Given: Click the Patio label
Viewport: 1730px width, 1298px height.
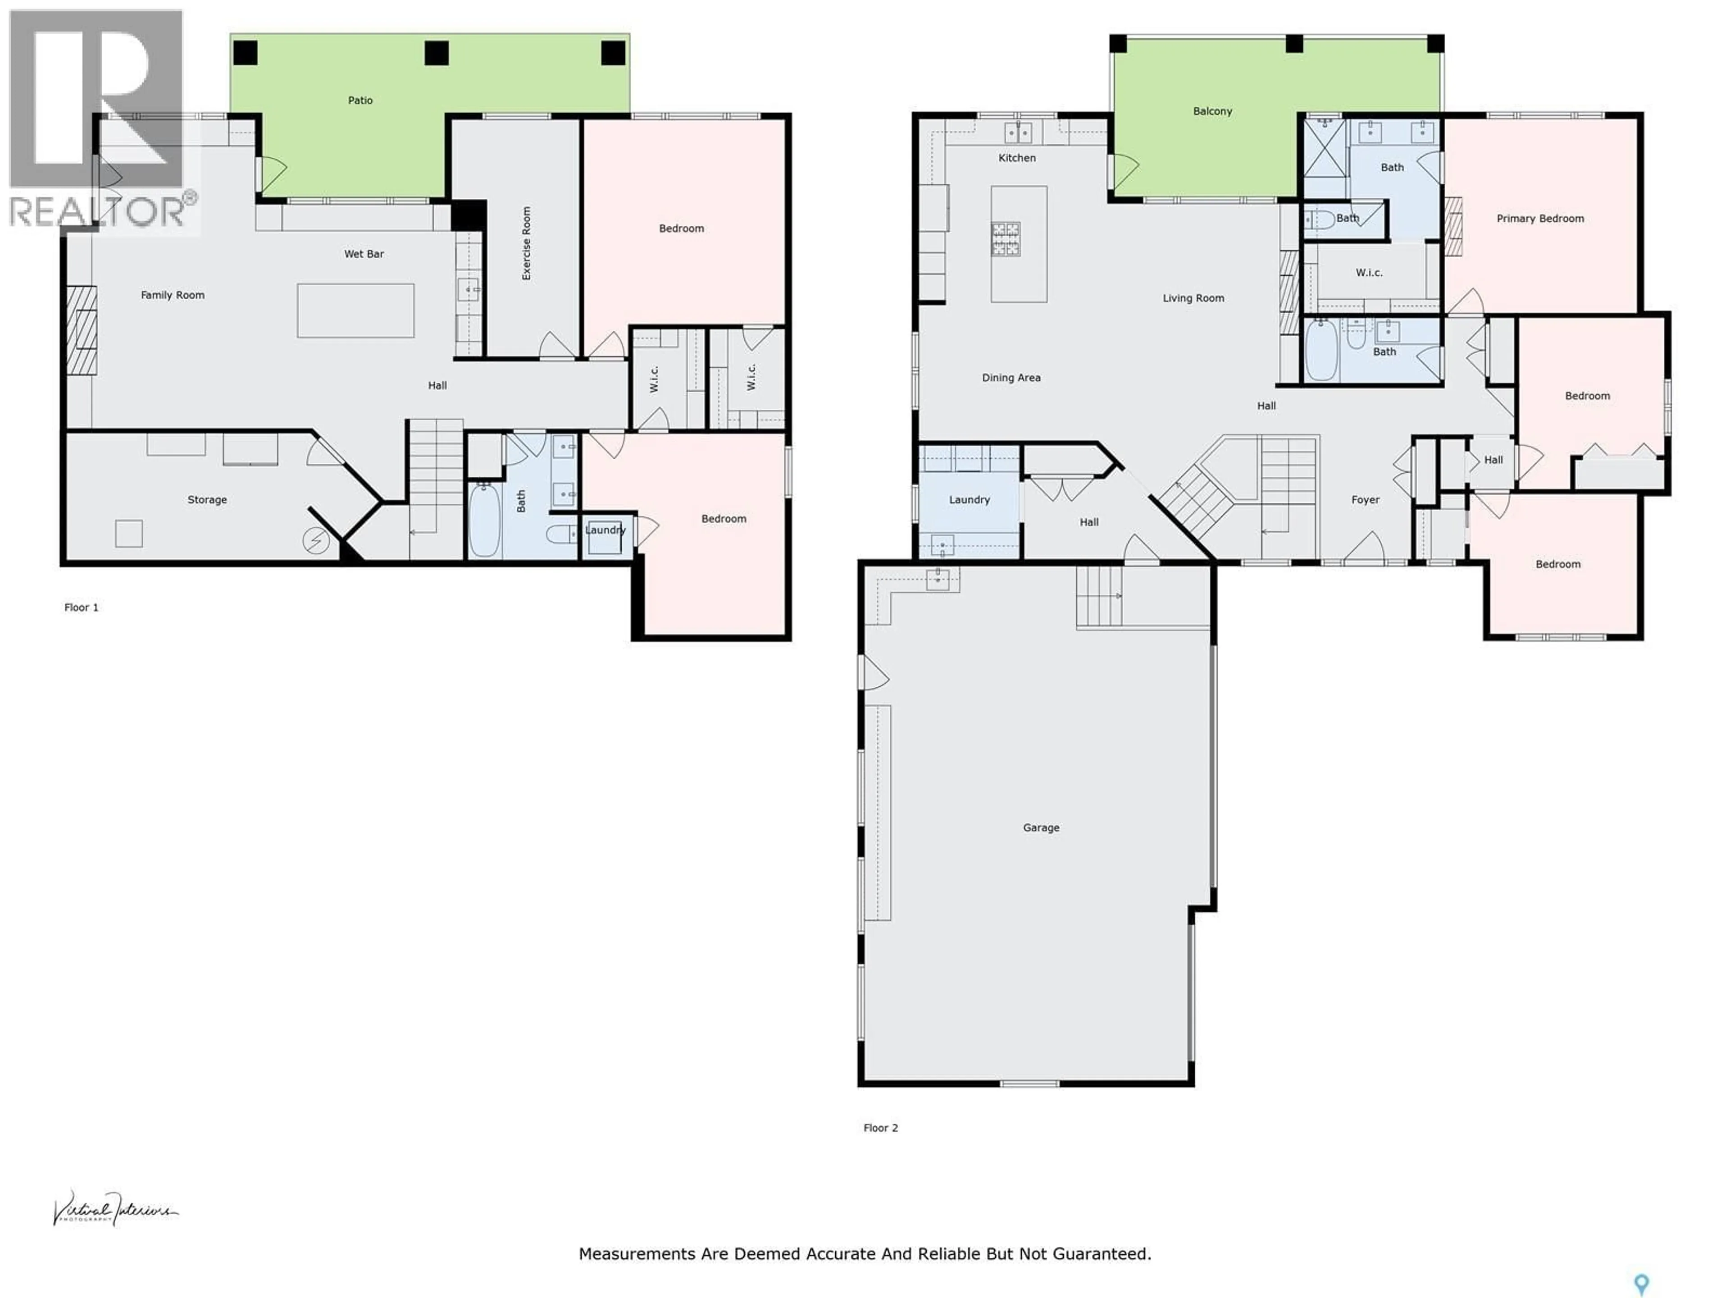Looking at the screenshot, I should coord(360,100).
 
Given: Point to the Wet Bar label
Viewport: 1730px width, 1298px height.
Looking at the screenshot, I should coord(364,253).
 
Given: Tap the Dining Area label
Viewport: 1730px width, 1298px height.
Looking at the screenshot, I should coord(1011,377).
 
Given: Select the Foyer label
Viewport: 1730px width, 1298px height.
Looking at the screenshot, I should coord(1365,499).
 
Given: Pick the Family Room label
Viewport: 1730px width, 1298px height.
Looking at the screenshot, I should coord(172,295).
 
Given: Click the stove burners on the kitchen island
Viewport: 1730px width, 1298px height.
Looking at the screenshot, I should coord(1005,238).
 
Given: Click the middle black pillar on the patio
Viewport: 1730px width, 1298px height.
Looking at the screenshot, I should coord(437,53).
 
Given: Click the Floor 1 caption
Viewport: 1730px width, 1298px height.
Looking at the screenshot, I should coord(82,607).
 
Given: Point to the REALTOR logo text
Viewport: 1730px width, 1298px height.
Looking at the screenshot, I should coord(98,211).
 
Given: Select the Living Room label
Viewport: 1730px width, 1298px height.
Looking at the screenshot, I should coord(1193,298).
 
